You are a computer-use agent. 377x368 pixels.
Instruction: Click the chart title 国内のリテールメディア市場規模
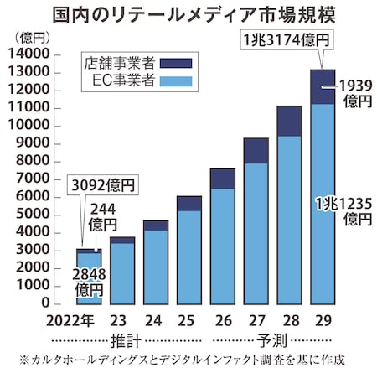[188, 14]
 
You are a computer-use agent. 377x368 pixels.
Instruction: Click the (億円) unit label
[32, 38]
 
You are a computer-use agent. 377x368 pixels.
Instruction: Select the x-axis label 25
[188, 319]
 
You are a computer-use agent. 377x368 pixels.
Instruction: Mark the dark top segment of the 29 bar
[323, 86]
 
